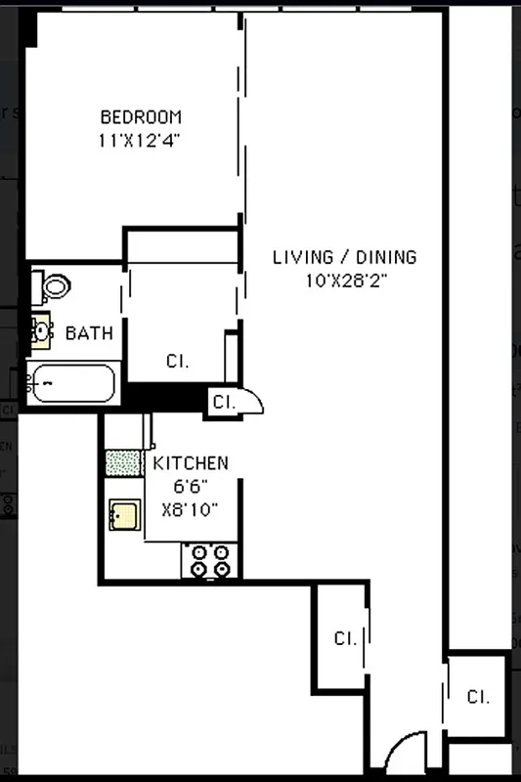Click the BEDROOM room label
click(x=141, y=116)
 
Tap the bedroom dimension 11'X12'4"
click(x=141, y=140)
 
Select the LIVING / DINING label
click(x=344, y=257)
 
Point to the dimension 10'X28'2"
click(x=344, y=280)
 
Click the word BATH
click(x=89, y=333)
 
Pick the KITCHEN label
click(x=191, y=463)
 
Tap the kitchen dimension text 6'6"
click(x=191, y=486)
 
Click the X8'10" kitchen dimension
click(x=191, y=508)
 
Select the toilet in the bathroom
click(x=55, y=286)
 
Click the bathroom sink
click(x=40, y=331)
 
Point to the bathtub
click(x=71, y=384)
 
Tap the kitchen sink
click(x=123, y=513)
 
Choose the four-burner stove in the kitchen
click(x=211, y=560)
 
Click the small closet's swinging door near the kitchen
click(x=252, y=401)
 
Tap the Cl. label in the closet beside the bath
click(x=177, y=361)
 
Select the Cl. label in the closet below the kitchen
click(x=344, y=638)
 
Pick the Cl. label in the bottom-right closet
click(x=477, y=697)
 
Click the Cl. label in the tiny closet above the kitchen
click(x=223, y=401)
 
